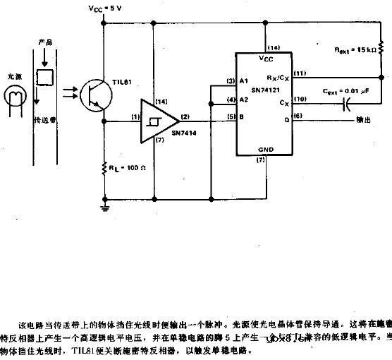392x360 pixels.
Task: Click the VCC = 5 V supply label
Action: point(105,8)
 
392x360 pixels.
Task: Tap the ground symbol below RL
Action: point(104,207)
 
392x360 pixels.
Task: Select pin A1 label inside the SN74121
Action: point(245,82)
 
